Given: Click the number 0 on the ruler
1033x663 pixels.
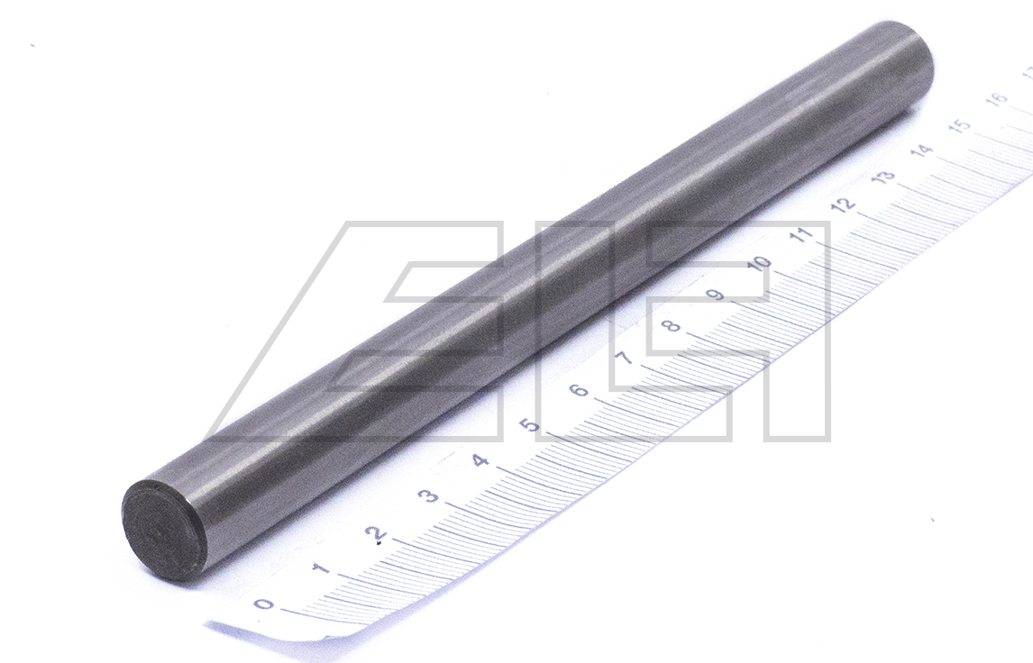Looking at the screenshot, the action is coord(263,603).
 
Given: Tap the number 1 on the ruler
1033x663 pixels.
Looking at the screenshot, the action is coord(322,568).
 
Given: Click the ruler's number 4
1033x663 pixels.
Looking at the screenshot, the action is coord(481,459).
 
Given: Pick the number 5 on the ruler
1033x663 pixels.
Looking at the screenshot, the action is coord(530,424).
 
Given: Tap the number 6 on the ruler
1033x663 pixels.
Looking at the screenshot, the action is coord(578,390).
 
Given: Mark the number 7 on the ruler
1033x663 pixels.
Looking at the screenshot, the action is coord(624,358).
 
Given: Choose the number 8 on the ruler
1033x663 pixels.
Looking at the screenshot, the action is coord(671,325).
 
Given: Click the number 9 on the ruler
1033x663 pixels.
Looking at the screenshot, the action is coord(716,294).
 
